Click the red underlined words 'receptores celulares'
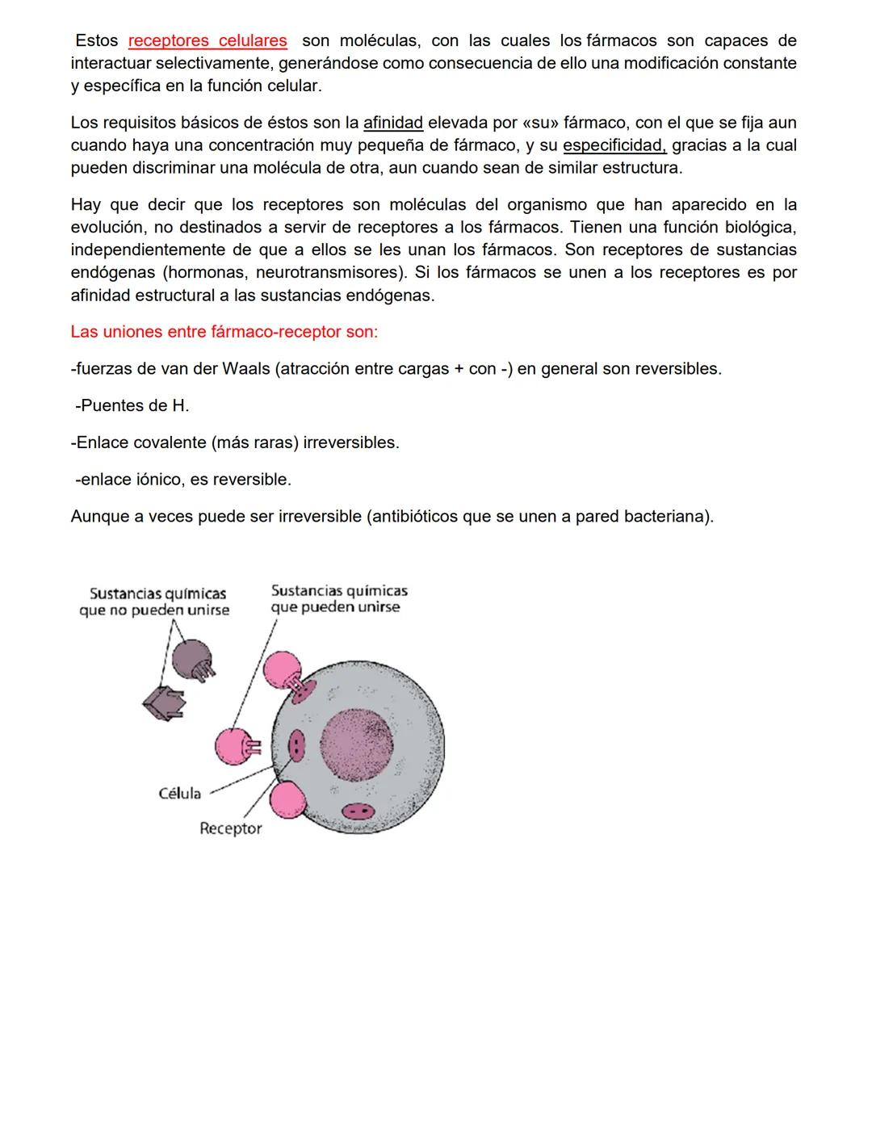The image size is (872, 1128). [x=208, y=41]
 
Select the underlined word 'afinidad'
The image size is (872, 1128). [x=393, y=124]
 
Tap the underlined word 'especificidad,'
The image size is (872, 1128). [x=614, y=146]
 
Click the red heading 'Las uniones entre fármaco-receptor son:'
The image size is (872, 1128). [x=224, y=332]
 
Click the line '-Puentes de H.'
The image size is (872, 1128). [x=132, y=405]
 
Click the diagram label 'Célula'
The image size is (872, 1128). [x=179, y=794]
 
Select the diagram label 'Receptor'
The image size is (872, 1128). [x=230, y=828]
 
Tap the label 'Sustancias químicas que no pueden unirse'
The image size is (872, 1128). [x=154, y=602]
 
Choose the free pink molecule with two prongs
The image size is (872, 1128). [x=235, y=747]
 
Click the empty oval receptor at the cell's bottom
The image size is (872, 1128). [x=356, y=811]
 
